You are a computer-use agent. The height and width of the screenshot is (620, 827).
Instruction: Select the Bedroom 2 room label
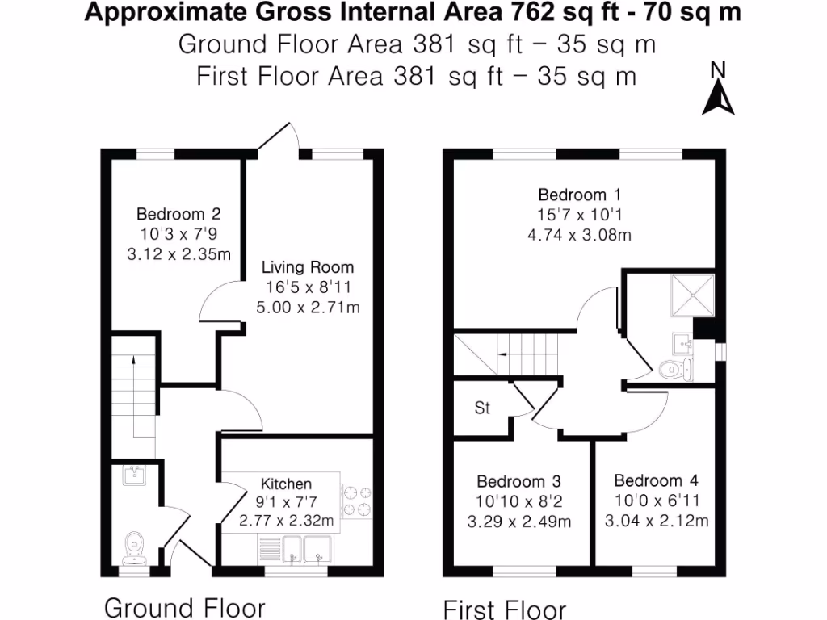(x=178, y=214)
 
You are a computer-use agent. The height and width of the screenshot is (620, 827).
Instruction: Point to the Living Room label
(x=308, y=267)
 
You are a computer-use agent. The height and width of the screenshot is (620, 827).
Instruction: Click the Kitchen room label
(x=287, y=484)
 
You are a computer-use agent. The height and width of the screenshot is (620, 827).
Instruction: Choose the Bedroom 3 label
(x=518, y=480)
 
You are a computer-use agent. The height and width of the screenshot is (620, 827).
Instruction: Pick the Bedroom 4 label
(x=656, y=480)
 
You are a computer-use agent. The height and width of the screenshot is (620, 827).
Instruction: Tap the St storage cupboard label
(x=482, y=408)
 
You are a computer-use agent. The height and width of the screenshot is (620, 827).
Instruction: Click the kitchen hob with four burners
(x=357, y=501)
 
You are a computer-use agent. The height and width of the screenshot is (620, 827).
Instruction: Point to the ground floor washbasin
(x=132, y=475)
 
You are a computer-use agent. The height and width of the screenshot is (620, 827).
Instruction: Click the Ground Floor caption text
(x=184, y=606)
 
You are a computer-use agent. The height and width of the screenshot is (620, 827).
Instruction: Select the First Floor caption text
(x=505, y=609)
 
